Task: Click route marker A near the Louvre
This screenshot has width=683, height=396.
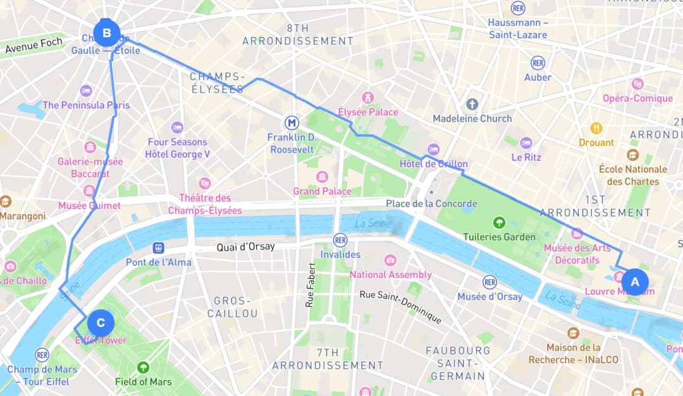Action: coord(635,282)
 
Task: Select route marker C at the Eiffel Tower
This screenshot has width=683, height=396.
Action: coord(101,323)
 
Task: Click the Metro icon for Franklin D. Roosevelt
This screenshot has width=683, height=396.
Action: coord(292,122)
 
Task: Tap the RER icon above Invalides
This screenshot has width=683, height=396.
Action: coord(340,240)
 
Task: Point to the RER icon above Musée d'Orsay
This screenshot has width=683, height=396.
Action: coord(489,282)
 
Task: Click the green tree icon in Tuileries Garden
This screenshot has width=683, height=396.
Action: coord(499,222)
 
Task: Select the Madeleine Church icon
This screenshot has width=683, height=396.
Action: coord(472,104)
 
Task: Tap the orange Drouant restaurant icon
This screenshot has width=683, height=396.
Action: coord(596,128)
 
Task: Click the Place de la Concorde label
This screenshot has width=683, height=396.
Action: coord(431,203)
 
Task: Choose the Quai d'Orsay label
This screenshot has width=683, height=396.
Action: coord(246,246)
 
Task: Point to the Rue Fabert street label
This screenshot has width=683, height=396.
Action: coord(311,285)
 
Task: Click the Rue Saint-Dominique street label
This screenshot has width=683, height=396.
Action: coord(400,307)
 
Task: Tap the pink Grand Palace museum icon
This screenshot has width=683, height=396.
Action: coord(322,177)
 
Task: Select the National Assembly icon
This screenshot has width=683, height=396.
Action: coord(390,260)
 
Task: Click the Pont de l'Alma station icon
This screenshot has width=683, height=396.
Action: coord(158,248)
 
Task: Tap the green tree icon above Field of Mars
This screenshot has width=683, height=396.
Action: coord(144,367)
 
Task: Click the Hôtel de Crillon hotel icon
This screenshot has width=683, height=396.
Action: coord(433,150)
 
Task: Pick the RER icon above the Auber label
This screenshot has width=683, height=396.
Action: coord(538,63)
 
